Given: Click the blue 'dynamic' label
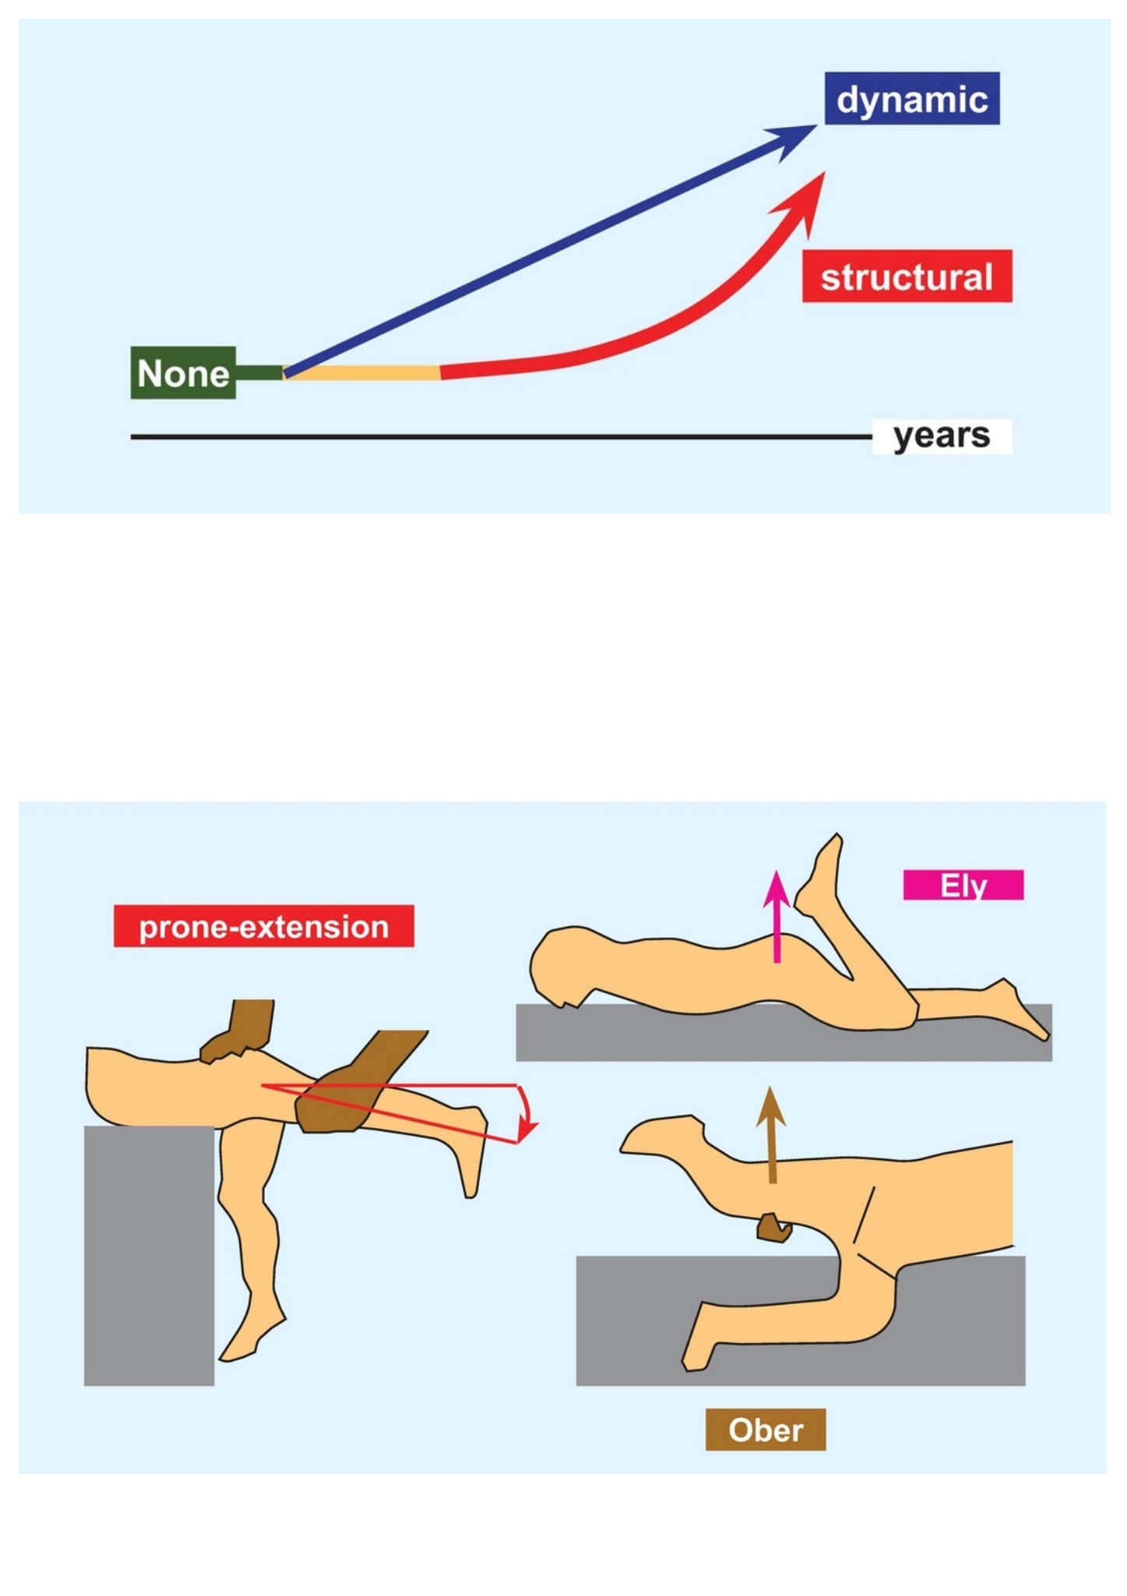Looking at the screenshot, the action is pos(912,99).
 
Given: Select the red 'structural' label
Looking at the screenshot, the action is pos(907,276).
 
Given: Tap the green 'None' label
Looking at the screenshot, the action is pos(183,373).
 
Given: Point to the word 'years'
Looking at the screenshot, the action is pos(942,436).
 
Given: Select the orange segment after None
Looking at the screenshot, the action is pos(363,373).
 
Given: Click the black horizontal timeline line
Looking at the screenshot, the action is pos(501,437).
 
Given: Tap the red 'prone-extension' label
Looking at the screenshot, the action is pos(264,926).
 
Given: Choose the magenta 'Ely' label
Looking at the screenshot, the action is pos(963,885).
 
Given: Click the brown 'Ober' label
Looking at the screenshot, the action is pos(766,1429).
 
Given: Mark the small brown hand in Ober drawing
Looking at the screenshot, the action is pos(774,1228).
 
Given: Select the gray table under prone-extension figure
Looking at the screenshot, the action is pos(149,1255).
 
